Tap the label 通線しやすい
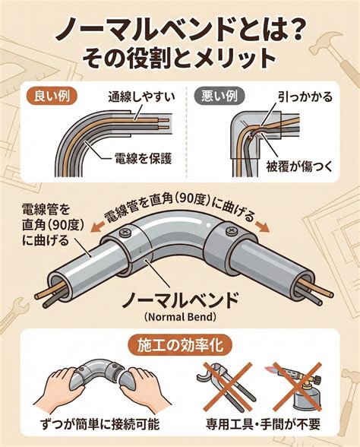click(x=141, y=97)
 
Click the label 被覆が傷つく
click(x=299, y=166)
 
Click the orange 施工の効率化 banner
click(x=180, y=347)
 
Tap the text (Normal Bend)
click(x=180, y=317)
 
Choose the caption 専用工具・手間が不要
click(x=263, y=424)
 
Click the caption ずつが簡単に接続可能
click(x=99, y=424)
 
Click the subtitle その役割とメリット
click(x=179, y=58)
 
